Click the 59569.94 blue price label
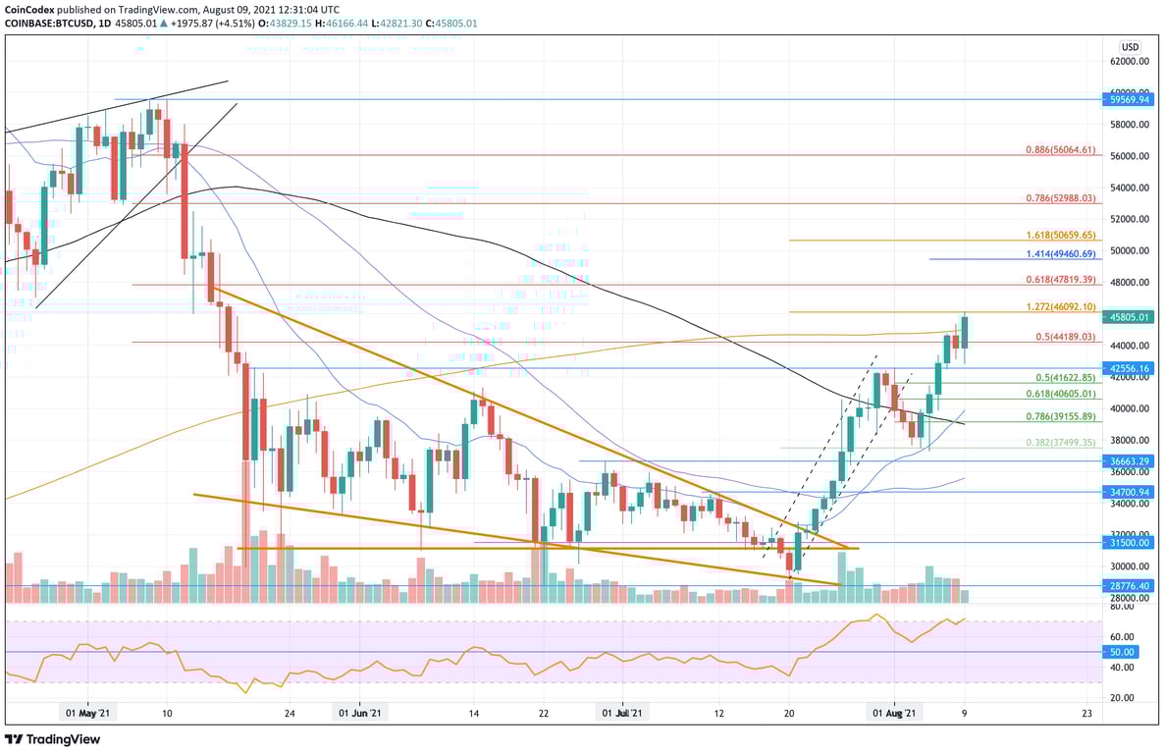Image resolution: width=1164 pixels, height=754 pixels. [1130, 99]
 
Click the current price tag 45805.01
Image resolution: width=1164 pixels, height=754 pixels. [1130, 317]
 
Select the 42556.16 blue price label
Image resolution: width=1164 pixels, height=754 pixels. [1130, 368]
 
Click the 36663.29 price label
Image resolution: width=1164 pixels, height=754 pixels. [1130, 460]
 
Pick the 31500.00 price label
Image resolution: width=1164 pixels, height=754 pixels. [1130, 542]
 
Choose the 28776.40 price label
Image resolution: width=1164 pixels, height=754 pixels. [1130, 585]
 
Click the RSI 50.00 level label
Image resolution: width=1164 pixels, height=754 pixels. [1124, 652]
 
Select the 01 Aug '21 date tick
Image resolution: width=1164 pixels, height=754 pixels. [895, 714]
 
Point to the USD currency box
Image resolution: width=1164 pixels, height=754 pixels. [1130, 46]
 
